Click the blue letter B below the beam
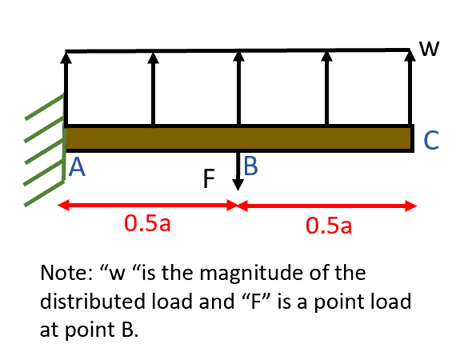[250, 166]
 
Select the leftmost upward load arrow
[66, 88]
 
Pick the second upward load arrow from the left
[152, 88]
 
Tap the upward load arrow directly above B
[238, 88]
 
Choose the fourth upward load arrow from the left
[325, 88]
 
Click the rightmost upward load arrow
[411, 88]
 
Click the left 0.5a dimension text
[147, 223]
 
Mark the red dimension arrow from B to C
[328, 206]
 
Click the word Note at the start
[62, 274]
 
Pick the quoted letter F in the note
[328, 302]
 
